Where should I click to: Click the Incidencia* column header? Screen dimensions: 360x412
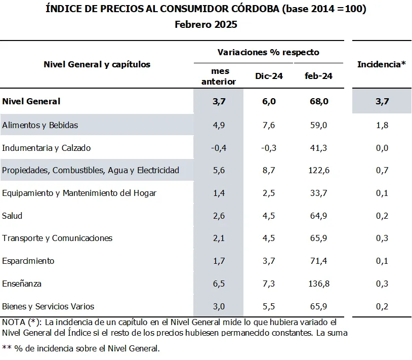(381, 64)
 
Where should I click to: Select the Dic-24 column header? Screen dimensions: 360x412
(269, 76)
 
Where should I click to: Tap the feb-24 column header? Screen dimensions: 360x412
(318, 76)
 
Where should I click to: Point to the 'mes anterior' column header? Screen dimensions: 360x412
(219, 76)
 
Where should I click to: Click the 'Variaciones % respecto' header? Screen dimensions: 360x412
(268, 52)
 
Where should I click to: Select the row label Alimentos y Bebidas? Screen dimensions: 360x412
(40, 125)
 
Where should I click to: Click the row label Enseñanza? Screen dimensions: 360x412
(22, 284)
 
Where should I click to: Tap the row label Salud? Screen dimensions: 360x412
(13, 216)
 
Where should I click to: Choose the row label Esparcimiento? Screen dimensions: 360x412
(28, 261)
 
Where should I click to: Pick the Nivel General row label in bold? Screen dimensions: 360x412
(31, 101)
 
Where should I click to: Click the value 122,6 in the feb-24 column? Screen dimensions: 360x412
(318, 170)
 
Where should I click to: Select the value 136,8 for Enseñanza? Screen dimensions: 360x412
(318, 284)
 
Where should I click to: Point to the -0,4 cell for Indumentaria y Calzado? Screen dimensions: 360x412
(219, 148)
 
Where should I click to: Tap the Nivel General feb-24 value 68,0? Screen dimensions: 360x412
(318, 101)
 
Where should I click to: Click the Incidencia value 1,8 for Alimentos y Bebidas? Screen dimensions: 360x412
(382, 125)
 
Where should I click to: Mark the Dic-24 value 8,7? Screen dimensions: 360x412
(269, 170)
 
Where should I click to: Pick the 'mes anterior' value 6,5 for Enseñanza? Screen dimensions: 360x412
(219, 284)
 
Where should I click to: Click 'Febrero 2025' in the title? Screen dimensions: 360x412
(206, 24)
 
